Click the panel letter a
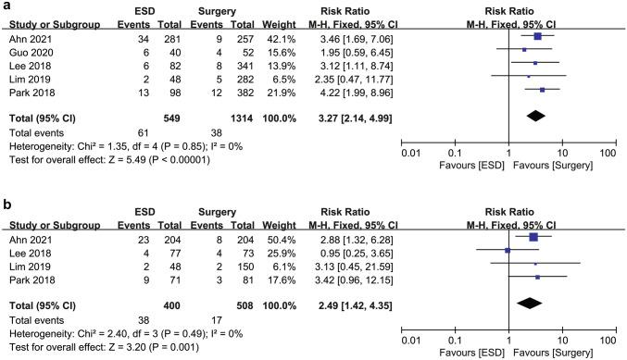[x=6, y=6]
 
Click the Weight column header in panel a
[x=282, y=24]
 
